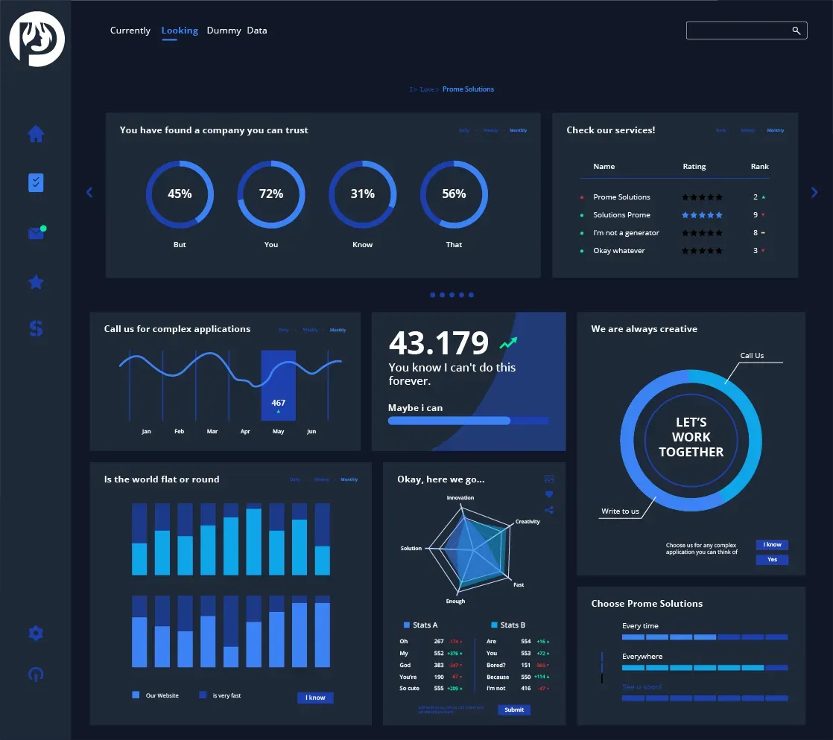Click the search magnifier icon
point(796,31)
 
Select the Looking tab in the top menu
point(180,31)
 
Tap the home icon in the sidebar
point(36,134)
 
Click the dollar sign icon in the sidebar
point(36,328)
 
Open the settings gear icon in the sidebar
point(36,634)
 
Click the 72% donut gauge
point(271,194)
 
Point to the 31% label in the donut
point(363,194)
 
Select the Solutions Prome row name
point(621,215)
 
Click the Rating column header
point(694,167)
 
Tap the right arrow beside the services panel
point(814,192)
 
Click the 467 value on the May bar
point(278,403)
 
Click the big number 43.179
point(439,343)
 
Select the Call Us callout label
point(752,356)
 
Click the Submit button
point(514,710)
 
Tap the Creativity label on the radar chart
point(528,522)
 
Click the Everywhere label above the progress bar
point(642,657)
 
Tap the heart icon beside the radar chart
point(549,494)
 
